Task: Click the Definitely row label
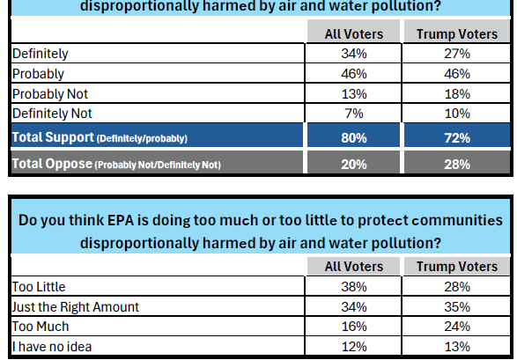(41, 54)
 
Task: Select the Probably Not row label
(50, 94)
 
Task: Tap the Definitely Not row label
(52, 114)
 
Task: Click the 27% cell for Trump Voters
(457, 54)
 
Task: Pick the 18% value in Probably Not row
(457, 94)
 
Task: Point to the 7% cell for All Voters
(354, 114)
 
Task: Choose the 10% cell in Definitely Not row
(457, 114)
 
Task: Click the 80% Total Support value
(354, 138)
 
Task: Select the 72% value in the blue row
(457, 138)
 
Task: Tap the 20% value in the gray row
(354, 165)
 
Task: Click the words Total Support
(53, 137)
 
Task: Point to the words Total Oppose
(52, 164)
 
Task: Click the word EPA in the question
(121, 220)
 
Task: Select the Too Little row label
(39, 287)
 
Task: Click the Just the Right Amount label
(76, 307)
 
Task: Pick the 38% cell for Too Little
(354, 287)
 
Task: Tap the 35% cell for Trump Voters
(457, 307)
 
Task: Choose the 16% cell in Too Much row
(354, 327)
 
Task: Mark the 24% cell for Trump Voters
(457, 327)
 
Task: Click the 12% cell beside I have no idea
(354, 347)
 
